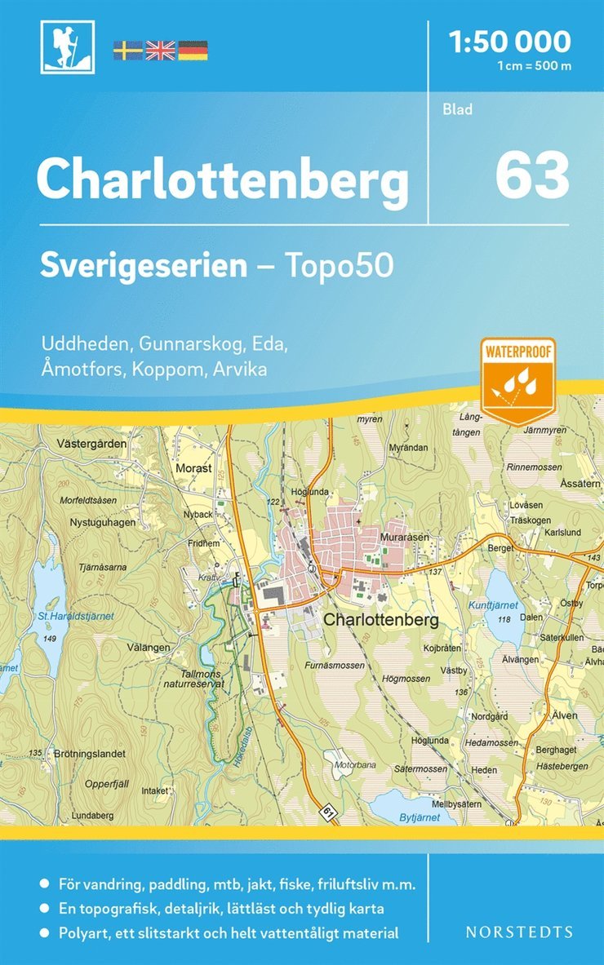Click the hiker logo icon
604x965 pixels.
pos(67,47)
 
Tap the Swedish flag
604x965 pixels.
pos(127,50)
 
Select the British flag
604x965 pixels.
pos(160,50)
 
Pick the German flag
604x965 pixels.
pos(193,50)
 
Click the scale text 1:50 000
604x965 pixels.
pos(510,40)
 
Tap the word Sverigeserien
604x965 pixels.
pos(144,266)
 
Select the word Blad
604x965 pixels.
pos(458,109)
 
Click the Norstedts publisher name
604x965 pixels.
pos(520,932)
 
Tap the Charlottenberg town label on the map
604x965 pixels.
pos(381,620)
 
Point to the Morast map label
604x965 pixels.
pos(193,469)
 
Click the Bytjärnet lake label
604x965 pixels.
pos(414,817)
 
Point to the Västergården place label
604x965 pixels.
pos(93,445)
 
